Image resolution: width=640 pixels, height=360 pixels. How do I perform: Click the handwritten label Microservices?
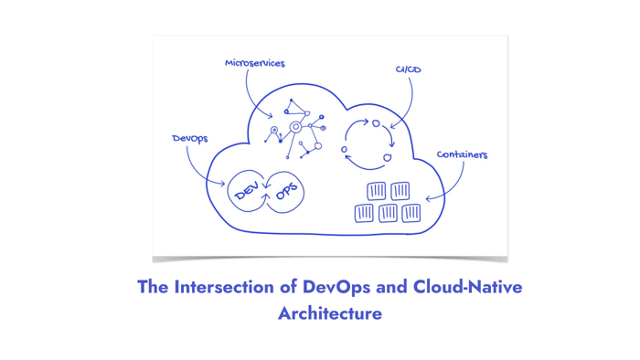pyautogui.click(x=255, y=64)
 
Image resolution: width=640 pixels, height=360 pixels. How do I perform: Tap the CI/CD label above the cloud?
pyautogui.click(x=408, y=69)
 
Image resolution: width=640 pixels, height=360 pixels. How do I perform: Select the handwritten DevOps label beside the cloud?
pyautogui.click(x=190, y=139)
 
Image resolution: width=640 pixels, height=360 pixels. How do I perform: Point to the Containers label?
pyautogui.click(x=462, y=154)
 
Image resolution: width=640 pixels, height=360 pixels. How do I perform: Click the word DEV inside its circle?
pyautogui.click(x=247, y=192)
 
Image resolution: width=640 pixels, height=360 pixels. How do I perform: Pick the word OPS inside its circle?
pyautogui.click(x=286, y=191)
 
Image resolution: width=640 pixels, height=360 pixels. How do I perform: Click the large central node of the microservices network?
pyautogui.click(x=295, y=127)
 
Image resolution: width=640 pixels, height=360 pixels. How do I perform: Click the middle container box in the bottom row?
pyautogui.click(x=388, y=213)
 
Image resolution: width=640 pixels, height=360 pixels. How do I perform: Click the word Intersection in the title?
pyautogui.click(x=222, y=287)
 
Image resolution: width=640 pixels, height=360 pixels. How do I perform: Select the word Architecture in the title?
pyautogui.click(x=329, y=313)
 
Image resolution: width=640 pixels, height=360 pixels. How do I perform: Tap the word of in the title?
pyautogui.click(x=287, y=287)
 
